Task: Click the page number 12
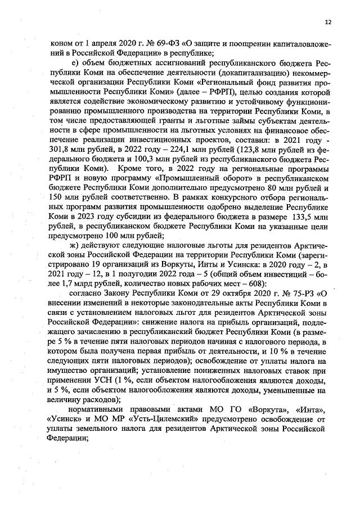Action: pyautogui.click(x=328, y=22)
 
